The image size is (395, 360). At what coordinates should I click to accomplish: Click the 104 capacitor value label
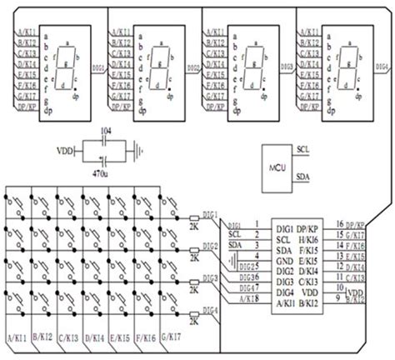point(103,132)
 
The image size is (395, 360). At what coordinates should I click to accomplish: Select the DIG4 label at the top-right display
point(382,65)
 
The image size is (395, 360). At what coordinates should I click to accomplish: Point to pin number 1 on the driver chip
point(257,225)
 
